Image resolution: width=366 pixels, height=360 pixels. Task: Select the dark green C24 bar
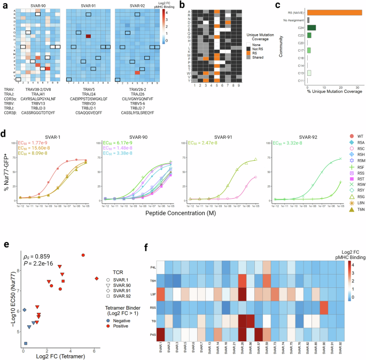[312, 27]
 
